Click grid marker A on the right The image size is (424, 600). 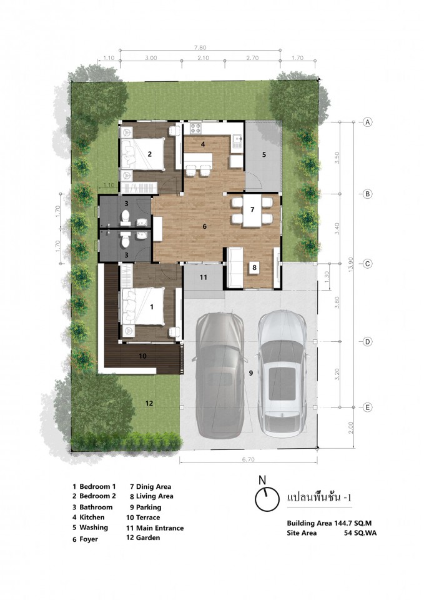tap(367, 122)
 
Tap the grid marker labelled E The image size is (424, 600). tap(367, 407)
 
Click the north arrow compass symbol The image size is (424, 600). tap(267, 498)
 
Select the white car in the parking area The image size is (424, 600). tap(282, 373)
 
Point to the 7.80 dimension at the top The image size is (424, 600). tap(200, 48)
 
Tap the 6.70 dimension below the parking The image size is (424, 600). tap(248, 459)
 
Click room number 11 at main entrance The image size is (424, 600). tap(203, 277)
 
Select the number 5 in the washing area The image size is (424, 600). tap(264, 154)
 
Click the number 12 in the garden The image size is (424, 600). tap(149, 403)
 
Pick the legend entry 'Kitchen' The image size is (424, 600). tap(92, 517)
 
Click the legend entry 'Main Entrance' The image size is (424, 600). tap(160, 528)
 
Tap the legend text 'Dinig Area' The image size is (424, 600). tap(154, 487)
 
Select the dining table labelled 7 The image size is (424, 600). tap(252, 210)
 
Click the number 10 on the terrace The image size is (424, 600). tap(142, 356)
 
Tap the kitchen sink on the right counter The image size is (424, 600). tap(237, 142)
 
